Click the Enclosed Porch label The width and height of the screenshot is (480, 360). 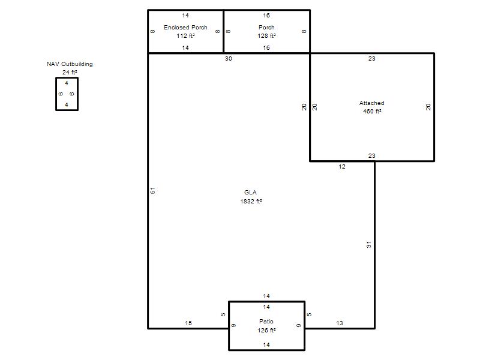pos(185,27)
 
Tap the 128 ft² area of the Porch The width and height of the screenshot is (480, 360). pos(266,36)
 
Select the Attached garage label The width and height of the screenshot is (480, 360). pos(371,103)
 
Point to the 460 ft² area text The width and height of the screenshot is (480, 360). pos(372,112)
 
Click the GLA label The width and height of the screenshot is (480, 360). pos(250,192)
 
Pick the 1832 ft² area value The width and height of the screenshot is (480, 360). pos(251,201)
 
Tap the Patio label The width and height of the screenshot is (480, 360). pos(266,321)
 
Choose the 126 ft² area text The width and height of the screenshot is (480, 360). pos(266,331)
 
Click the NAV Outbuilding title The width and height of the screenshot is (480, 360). pos(70,64)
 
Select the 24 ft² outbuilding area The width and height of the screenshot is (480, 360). pos(70,72)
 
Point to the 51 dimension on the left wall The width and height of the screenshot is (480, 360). pos(153,190)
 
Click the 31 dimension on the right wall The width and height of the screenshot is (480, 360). pos(369,245)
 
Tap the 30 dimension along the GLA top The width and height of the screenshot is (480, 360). pos(229,58)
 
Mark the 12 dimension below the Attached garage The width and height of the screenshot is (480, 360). pos(342,167)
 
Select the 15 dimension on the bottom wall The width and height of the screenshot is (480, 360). pos(188,323)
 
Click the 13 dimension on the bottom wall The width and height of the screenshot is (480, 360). pos(340,323)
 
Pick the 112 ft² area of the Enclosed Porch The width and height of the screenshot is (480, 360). pos(186,36)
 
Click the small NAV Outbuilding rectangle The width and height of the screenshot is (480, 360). pos(67,77)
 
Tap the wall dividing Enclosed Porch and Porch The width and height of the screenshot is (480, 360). pos(224,32)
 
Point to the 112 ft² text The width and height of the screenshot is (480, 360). pos(186,36)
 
